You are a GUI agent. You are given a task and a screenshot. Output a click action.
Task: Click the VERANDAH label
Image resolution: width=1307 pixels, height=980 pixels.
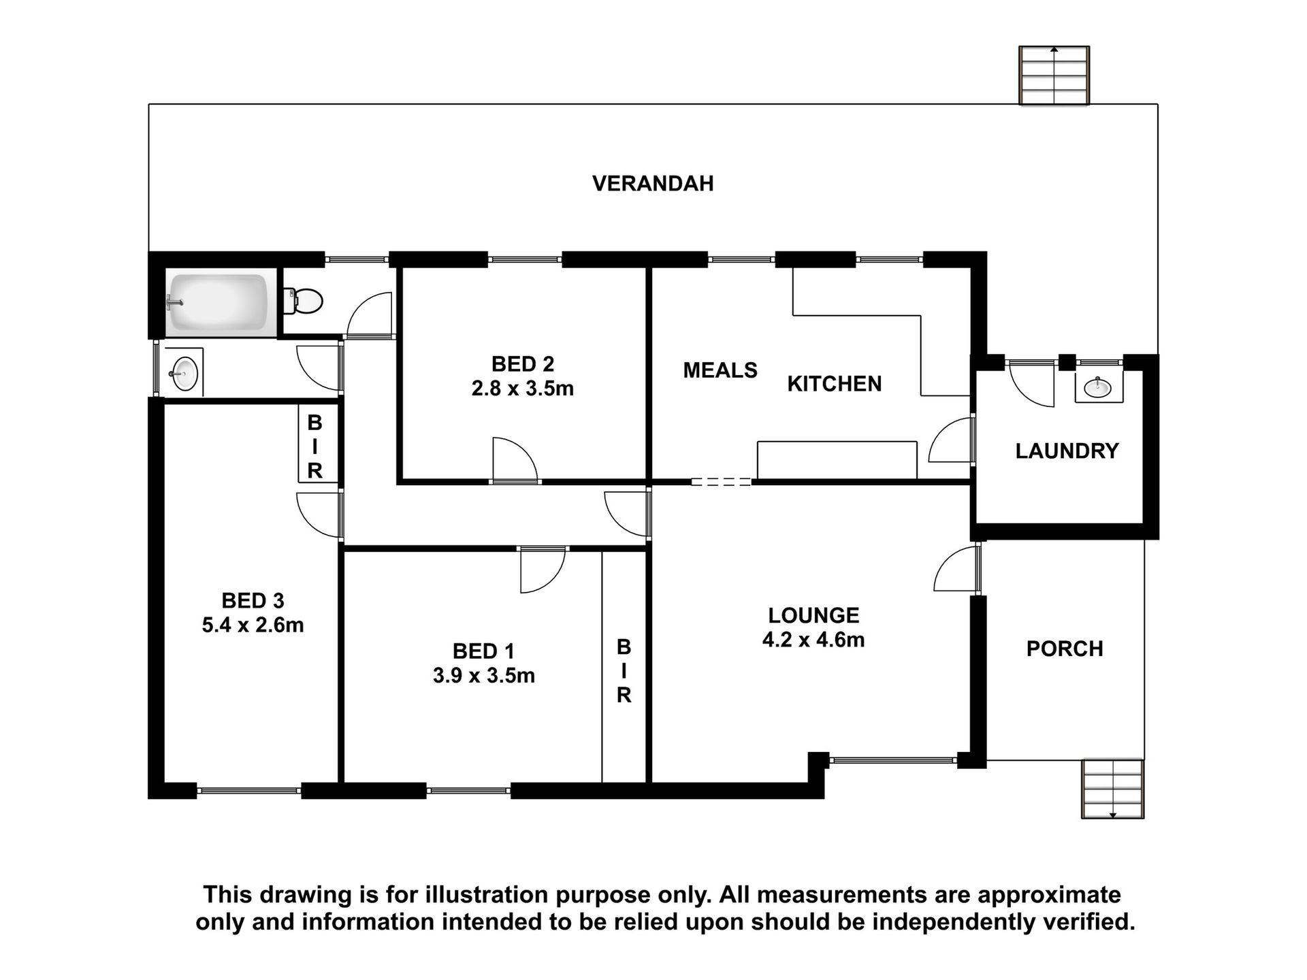(x=653, y=184)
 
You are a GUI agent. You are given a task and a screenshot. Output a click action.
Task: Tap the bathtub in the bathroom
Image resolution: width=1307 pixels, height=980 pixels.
(x=219, y=303)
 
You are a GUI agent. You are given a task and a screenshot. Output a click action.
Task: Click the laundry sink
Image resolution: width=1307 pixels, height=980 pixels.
(x=1098, y=387)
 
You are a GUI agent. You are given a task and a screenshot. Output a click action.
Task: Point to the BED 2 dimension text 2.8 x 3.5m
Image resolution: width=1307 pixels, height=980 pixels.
(x=523, y=389)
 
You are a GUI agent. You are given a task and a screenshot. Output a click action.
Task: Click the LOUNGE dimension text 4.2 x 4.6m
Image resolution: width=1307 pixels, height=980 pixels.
(x=813, y=640)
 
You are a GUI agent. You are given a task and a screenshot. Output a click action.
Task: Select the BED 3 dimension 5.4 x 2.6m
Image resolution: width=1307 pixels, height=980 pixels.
(x=253, y=625)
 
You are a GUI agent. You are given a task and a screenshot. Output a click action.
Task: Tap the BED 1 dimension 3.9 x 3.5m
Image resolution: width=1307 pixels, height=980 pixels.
(x=484, y=676)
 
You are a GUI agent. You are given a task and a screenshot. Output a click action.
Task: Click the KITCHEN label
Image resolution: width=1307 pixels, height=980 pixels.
(x=835, y=384)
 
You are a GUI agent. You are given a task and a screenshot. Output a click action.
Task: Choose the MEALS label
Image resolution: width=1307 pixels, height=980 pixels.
(x=720, y=370)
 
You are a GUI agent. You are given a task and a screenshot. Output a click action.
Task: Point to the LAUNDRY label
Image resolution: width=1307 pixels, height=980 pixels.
(x=1067, y=451)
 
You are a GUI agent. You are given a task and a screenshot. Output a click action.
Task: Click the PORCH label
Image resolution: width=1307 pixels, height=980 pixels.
(x=1065, y=649)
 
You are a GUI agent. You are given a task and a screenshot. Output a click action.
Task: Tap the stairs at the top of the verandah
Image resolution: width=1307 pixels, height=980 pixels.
(x=1054, y=75)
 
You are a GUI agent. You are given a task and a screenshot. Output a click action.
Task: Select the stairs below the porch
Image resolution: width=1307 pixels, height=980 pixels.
(x=1113, y=789)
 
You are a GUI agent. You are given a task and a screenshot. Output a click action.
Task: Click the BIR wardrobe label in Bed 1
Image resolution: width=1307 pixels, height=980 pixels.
(x=624, y=670)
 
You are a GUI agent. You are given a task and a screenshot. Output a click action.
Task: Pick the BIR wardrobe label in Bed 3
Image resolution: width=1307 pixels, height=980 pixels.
(x=314, y=446)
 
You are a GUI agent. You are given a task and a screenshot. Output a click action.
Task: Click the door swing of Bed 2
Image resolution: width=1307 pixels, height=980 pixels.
(x=515, y=460)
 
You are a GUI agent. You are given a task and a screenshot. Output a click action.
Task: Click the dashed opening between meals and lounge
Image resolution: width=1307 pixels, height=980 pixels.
(x=722, y=482)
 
